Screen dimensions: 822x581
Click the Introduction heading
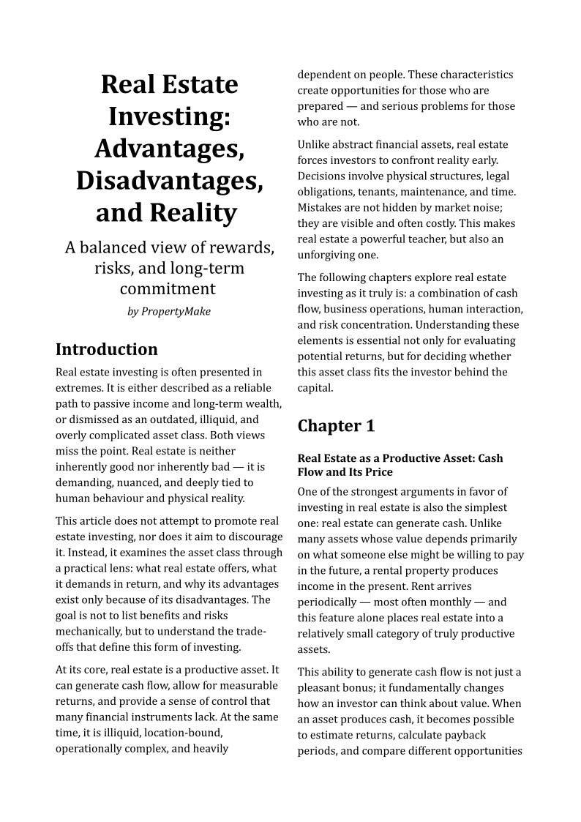click(x=107, y=349)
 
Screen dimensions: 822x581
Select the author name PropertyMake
click(x=176, y=311)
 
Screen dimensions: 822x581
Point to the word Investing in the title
click(x=169, y=116)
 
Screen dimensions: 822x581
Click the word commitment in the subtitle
click(x=168, y=288)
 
